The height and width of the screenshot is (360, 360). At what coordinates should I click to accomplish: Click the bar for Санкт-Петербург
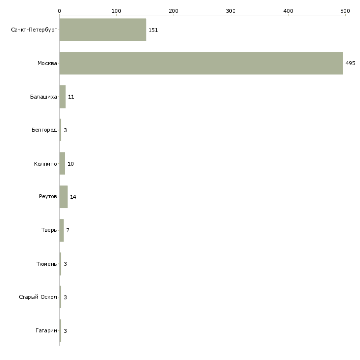pos(103,30)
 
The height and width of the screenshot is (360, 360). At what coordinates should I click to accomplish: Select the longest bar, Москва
pos(201,63)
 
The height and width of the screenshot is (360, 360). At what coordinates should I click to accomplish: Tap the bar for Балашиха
pos(63,97)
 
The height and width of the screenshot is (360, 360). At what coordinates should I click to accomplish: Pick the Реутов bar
pos(64,197)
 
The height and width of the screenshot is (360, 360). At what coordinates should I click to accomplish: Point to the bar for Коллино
pos(62,163)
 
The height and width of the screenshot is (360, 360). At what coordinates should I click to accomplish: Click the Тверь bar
pos(62,230)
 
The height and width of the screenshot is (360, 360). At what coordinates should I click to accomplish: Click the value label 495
pos(350,63)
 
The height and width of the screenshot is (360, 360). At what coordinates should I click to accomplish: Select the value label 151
pos(153,30)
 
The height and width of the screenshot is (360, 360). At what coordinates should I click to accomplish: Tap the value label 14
pos(73,197)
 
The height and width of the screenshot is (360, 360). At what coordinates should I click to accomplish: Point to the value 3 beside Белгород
pos(65,130)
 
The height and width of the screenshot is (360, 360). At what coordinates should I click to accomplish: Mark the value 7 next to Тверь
pos(68,230)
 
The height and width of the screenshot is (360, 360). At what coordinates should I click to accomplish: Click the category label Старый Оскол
pos(38,297)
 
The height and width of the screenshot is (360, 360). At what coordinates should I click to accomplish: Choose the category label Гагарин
pos(46,330)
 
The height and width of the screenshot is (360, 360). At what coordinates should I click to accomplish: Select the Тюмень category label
pos(47,264)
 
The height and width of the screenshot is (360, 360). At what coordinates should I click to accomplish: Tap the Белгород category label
pos(44,130)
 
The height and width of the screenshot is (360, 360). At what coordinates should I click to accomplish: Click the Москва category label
pos(47,63)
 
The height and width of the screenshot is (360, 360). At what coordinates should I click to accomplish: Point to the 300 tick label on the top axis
pos(231,11)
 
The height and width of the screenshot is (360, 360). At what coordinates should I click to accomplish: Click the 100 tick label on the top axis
pos(116,11)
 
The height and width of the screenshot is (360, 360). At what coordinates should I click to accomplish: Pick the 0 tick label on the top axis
pos(60,11)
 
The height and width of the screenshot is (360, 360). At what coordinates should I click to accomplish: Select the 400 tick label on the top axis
pos(288,11)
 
